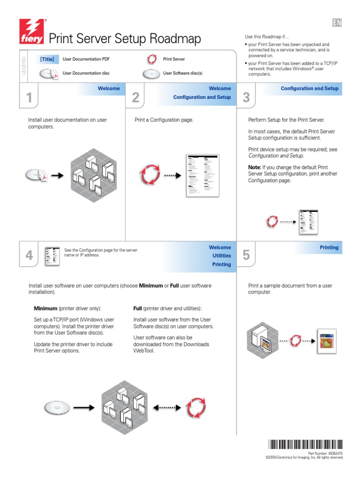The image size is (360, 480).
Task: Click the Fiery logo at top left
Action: [x=32, y=31]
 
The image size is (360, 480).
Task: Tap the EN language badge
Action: [x=337, y=23]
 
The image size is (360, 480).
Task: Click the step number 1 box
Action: [x=29, y=98]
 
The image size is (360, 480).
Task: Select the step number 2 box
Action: [x=135, y=98]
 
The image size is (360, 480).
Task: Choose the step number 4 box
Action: [x=29, y=255]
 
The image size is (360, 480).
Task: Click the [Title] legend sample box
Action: [x=47, y=60]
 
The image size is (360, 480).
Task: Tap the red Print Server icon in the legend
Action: [x=151, y=60]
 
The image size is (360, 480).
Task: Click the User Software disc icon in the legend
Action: [x=150, y=74]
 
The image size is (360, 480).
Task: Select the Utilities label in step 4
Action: [x=222, y=256]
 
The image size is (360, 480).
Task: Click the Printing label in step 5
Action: [x=329, y=247]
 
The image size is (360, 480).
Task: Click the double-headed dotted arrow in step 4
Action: [x=167, y=408]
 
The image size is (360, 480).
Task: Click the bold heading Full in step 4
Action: [x=137, y=308]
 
